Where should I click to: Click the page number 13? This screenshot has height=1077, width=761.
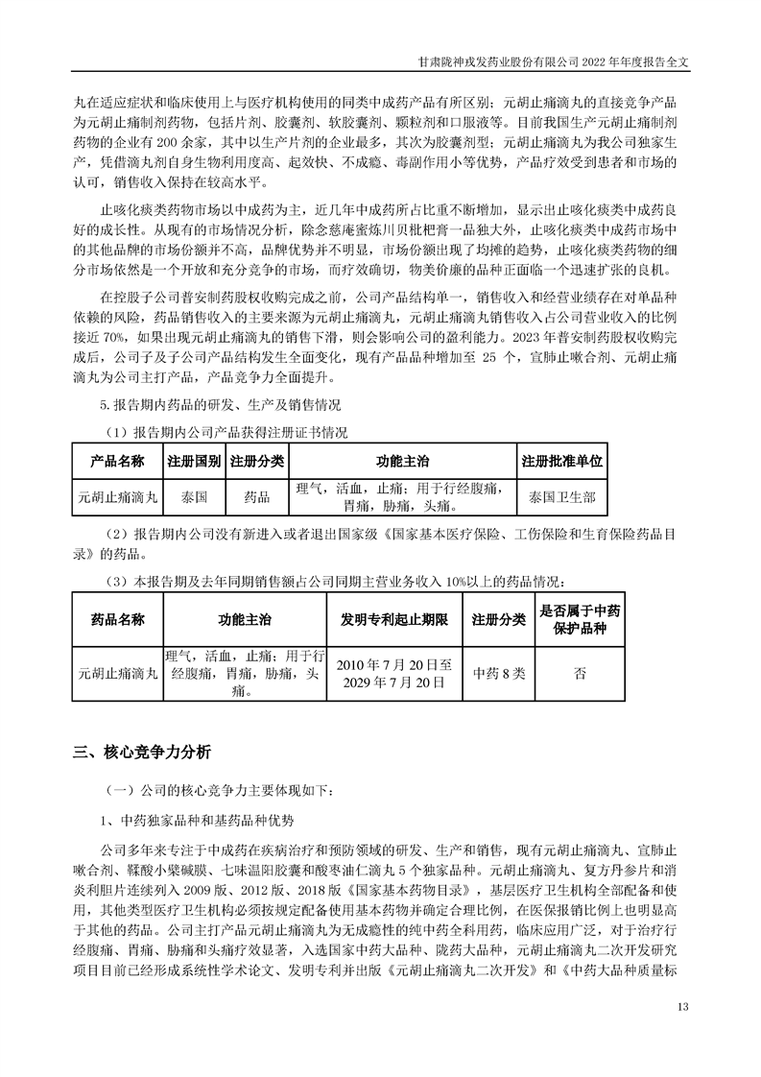[683, 1006]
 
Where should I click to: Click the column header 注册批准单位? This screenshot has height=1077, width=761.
[561, 461]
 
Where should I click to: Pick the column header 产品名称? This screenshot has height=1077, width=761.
[117, 461]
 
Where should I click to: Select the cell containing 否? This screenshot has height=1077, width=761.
[580, 673]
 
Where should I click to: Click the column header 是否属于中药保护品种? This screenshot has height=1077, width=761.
[580, 619]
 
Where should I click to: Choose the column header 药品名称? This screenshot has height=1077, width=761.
[117, 620]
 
